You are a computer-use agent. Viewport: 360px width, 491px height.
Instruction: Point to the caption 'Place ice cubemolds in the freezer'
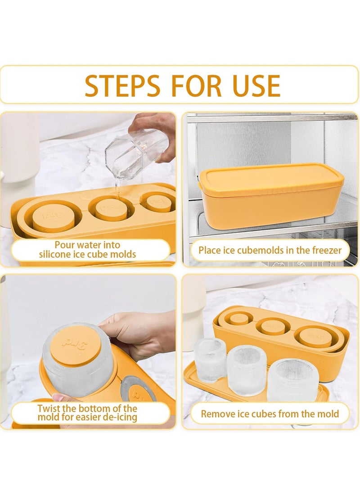click(270, 250)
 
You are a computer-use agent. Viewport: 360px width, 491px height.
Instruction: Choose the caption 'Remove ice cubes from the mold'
click(270, 413)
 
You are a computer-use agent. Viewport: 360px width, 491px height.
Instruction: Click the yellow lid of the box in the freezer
click(271, 176)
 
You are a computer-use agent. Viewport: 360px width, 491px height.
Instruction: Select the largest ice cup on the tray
click(292, 379)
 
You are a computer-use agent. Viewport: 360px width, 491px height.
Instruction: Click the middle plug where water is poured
click(112, 208)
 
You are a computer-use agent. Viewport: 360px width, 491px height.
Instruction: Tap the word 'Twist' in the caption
click(49, 408)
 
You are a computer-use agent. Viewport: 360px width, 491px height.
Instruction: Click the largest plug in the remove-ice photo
click(315, 336)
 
